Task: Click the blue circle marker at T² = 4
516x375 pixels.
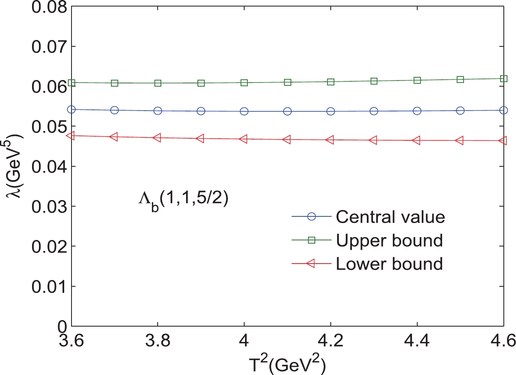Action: (244, 111)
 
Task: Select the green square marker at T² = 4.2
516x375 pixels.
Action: (331, 82)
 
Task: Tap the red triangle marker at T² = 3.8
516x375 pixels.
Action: (158, 138)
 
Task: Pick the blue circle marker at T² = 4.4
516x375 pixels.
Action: (417, 111)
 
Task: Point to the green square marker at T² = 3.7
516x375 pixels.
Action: (115, 83)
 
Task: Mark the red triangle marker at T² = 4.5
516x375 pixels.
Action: (460, 140)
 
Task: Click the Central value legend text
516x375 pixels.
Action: (390, 217)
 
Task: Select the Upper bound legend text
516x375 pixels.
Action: (389, 241)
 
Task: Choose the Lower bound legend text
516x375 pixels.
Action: (389, 264)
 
